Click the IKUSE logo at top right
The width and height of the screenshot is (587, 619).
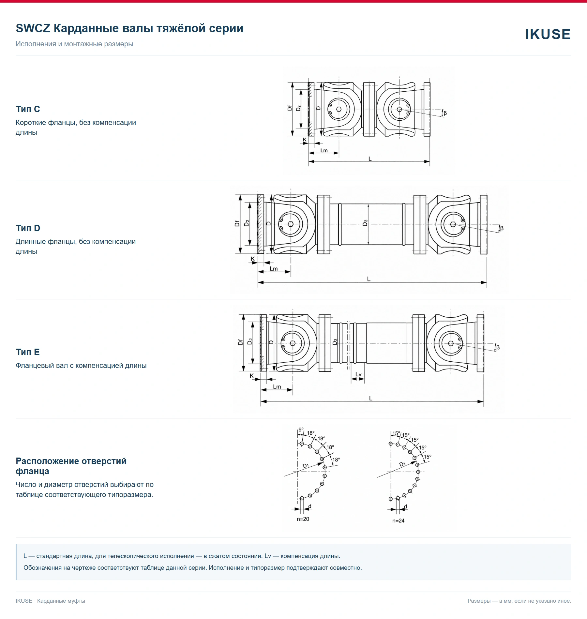tap(548, 34)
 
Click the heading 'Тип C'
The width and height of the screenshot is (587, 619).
tap(28, 109)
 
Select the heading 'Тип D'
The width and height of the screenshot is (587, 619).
tap(28, 228)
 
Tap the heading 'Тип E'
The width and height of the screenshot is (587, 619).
tap(28, 352)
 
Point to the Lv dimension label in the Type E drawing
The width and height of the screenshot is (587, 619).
tap(358, 374)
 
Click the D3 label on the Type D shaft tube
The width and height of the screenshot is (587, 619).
tap(365, 223)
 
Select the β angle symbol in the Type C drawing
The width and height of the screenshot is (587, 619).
tap(445, 113)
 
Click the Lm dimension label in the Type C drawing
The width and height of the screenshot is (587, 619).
tap(324, 150)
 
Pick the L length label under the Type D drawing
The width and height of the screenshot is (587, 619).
tap(369, 279)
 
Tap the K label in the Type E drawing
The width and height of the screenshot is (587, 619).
tap(252, 376)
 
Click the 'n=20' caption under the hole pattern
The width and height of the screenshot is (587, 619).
tap(303, 519)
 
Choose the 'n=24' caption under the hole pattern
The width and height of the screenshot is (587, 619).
tap(398, 521)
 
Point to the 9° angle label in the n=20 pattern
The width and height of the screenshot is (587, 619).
tap(301, 430)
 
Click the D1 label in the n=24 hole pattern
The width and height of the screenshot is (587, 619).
tap(402, 464)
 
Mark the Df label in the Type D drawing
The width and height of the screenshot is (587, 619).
tap(237, 223)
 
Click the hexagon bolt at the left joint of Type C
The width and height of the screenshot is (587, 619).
tap(339, 109)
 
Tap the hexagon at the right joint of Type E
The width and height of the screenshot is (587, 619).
tap(451, 343)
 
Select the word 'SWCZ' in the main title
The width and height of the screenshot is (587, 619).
tap(33, 28)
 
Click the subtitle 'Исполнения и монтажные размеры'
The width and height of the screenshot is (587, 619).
tap(74, 44)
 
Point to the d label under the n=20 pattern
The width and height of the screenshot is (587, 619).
tap(310, 506)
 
